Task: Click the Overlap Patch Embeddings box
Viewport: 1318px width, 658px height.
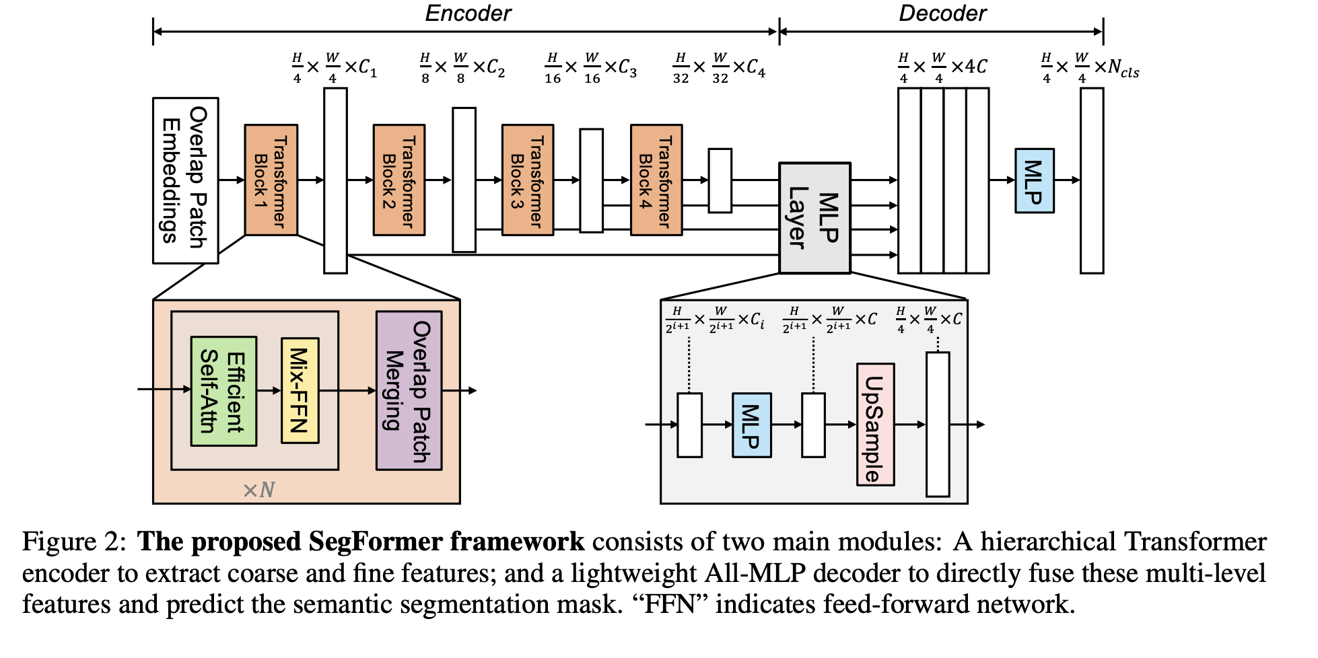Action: coord(185,180)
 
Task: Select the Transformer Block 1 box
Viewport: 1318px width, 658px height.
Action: coord(271,180)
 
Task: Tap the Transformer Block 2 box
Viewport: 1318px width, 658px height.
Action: coord(399,180)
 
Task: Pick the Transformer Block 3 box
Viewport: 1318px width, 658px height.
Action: coord(528,180)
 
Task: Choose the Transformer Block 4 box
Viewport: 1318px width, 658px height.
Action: coord(656,180)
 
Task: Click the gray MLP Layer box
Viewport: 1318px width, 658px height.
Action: coord(814,218)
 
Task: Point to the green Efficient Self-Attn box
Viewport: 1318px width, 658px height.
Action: coord(223,391)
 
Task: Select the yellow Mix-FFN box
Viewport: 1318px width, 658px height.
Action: coord(300,391)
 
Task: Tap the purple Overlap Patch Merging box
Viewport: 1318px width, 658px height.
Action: coord(409,390)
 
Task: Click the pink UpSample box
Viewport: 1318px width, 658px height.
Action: coord(875,425)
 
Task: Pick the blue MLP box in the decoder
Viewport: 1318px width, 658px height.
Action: coord(1034,181)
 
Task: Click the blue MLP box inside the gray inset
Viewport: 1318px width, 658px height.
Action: coord(751,425)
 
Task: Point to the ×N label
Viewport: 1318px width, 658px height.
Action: coord(258,490)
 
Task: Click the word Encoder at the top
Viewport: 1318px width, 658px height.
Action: coord(468,13)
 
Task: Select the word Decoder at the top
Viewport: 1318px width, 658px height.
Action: coord(942,13)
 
